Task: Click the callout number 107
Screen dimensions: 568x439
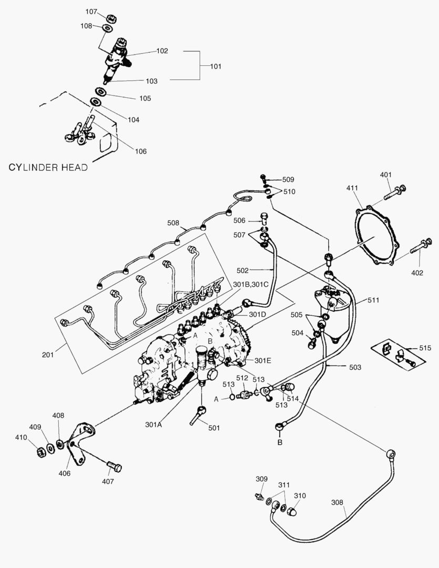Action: [91, 11]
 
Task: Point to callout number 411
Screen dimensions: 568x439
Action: [353, 188]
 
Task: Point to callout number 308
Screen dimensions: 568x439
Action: [338, 502]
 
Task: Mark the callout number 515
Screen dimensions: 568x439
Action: [424, 348]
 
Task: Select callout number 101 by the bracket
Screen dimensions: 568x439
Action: [216, 67]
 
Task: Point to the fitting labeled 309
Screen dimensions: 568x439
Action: [258, 496]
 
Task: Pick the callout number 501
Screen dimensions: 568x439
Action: [213, 428]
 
